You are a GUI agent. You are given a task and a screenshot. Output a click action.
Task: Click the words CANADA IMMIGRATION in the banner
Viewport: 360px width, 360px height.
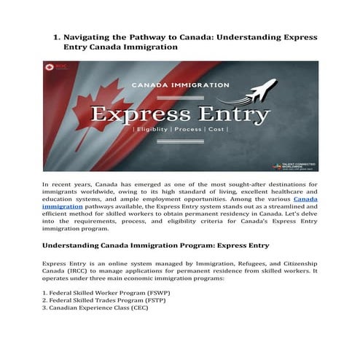[180, 85]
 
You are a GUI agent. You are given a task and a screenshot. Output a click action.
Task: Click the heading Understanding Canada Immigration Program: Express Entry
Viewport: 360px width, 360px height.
[155, 246]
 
